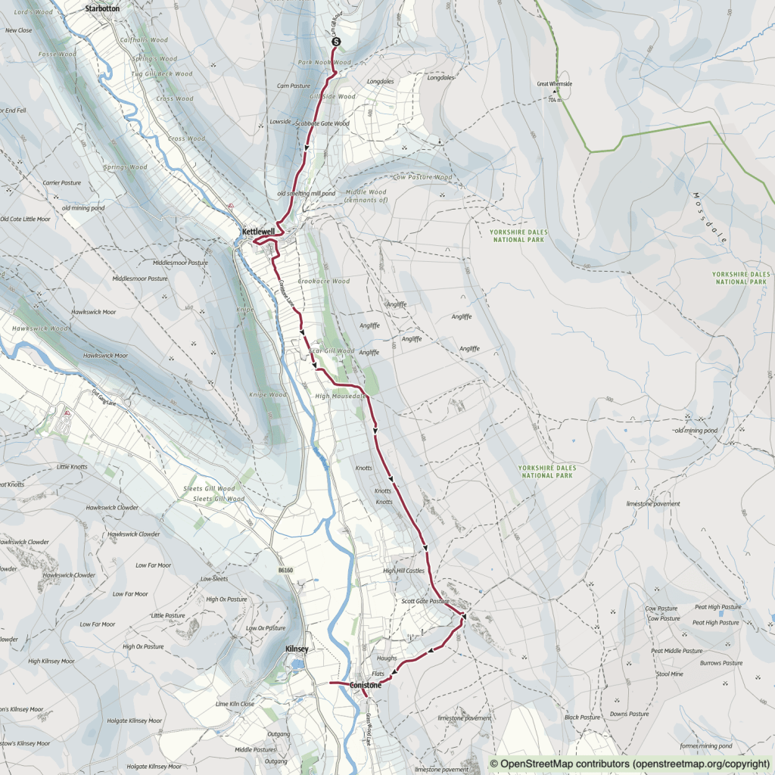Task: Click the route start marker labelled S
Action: pyautogui.click(x=336, y=42)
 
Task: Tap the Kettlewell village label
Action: pyautogui.click(x=258, y=231)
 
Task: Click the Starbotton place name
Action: pyautogui.click(x=104, y=8)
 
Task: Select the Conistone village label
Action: pyautogui.click(x=366, y=686)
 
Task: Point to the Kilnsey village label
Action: pyautogui.click(x=297, y=649)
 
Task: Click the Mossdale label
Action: pyautogui.click(x=710, y=217)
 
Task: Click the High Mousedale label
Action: pyautogui.click(x=341, y=396)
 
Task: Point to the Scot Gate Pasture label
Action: pyautogui.click(x=425, y=601)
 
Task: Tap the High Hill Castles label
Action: pyautogui.click(x=403, y=571)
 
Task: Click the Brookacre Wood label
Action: pyautogui.click(x=323, y=281)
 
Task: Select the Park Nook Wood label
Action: pyautogui.click(x=325, y=62)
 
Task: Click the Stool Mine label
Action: pyautogui.click(x=670, y=673)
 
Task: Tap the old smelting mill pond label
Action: pyautogui.click(x=306, y=193)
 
